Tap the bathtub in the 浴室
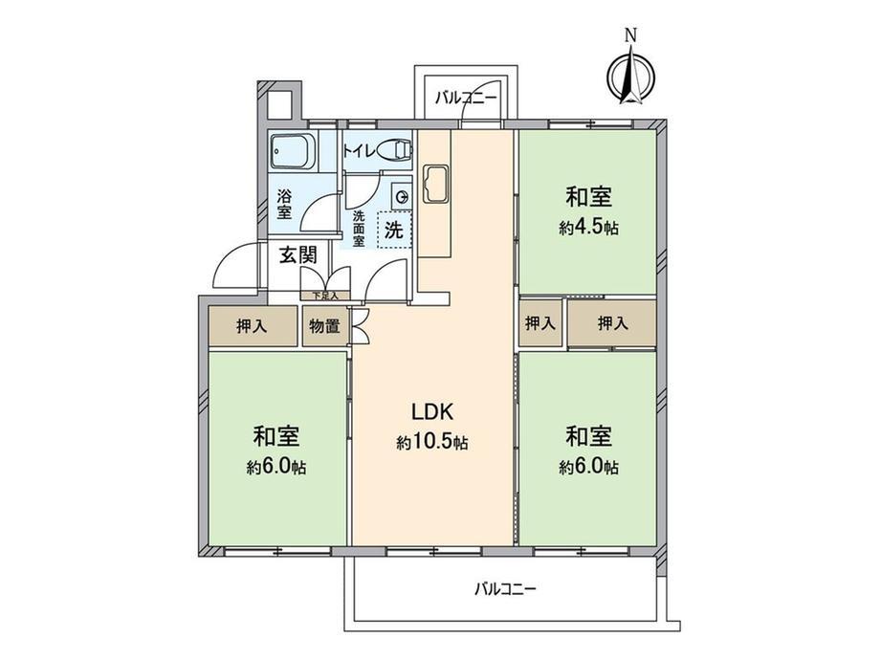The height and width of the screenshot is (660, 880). tap(293, 151)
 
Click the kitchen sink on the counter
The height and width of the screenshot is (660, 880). tap(435, 183)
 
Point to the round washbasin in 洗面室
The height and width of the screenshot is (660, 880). tap(402, 196)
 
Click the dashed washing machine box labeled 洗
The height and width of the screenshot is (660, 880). tap(394, 229)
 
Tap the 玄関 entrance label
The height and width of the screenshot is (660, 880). tap(298, 255)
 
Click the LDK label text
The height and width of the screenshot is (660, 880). tap(432, 412)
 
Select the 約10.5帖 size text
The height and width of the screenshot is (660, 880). tap(432, 443)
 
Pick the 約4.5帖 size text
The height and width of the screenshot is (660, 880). tap(588, 228)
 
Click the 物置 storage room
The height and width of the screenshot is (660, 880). tap(325, 326)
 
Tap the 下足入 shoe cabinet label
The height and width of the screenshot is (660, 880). tap(325, 296)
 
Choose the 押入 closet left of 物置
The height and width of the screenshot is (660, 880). tap(253, 326)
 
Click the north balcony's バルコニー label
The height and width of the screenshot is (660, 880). tap(467, 98)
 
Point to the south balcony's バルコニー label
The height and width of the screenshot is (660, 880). tap(505, 589)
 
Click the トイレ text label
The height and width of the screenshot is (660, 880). tap(360, 150)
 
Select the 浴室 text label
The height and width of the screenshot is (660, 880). tap(284, 205)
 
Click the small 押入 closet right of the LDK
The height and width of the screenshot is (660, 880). tap(539, 323)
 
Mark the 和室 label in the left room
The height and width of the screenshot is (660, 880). tap(276, 436)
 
